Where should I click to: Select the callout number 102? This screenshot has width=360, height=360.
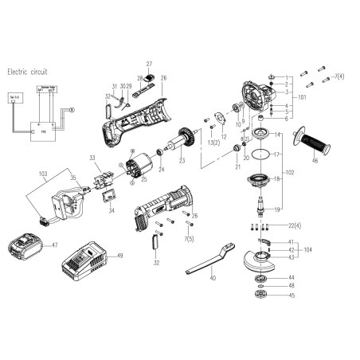tap(299, 173)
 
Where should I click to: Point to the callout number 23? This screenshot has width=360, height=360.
tap(181, 161)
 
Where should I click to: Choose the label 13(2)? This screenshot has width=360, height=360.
tap(213, 142)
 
